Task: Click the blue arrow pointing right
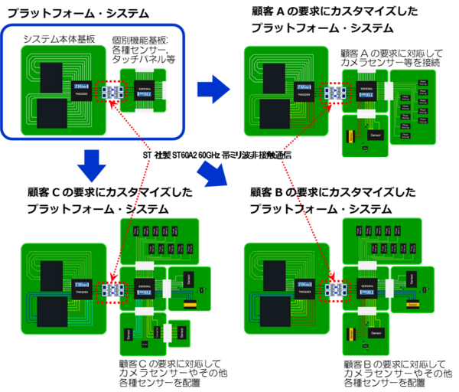(213, 90)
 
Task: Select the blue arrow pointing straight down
(91, 165)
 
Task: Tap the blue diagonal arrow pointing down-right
(213, 173)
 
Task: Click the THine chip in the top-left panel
(82, 90)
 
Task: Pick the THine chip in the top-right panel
(304, 91)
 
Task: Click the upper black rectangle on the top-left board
(51, 78)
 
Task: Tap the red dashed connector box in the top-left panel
(112, 92)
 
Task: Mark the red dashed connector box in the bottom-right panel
(335, 290)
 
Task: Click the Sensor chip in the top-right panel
(375, 135)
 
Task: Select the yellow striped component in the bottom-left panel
(189, 305)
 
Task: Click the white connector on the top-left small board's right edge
(164, 90)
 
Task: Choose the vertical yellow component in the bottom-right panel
(350, 334)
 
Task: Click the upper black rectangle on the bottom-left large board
(51, 276)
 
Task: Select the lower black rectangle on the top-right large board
(275, 113)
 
